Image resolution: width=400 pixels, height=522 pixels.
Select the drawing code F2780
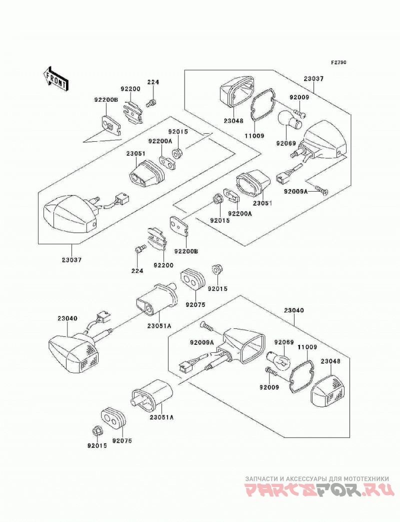pos(338,62)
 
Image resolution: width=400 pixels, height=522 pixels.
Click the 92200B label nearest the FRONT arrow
pos(106,99)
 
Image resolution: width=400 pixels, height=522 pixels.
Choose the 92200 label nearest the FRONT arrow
pos(130,89)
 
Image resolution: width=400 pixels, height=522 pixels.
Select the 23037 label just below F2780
pos(313,79)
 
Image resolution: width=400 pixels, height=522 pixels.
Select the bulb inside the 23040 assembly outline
pos(279,360)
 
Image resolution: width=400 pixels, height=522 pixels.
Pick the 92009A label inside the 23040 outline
pos(201,342)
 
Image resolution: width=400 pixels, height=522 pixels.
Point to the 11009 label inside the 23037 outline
pos(254,136)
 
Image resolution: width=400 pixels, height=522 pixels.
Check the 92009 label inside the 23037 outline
pos(299,97)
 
